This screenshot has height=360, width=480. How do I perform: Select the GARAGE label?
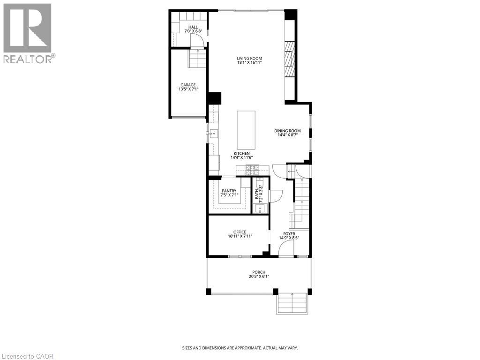[x=188, y=85]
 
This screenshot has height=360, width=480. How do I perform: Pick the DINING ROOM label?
[x=288, y=131]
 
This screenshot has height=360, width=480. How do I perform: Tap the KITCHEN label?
[x=242, y=153]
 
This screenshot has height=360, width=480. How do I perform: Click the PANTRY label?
[x=229, y=190]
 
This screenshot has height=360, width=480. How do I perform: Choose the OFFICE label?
[x=240, y=232]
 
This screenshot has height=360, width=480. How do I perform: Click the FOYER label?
[x=289, y=233]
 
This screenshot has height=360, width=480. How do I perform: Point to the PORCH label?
[x=258, y=272]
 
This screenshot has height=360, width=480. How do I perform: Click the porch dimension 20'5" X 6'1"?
[x=258, y=277]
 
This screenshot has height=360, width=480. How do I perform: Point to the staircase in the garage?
[x=197, y=59]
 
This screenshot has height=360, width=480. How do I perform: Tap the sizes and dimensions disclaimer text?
[x=240, y=348]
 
